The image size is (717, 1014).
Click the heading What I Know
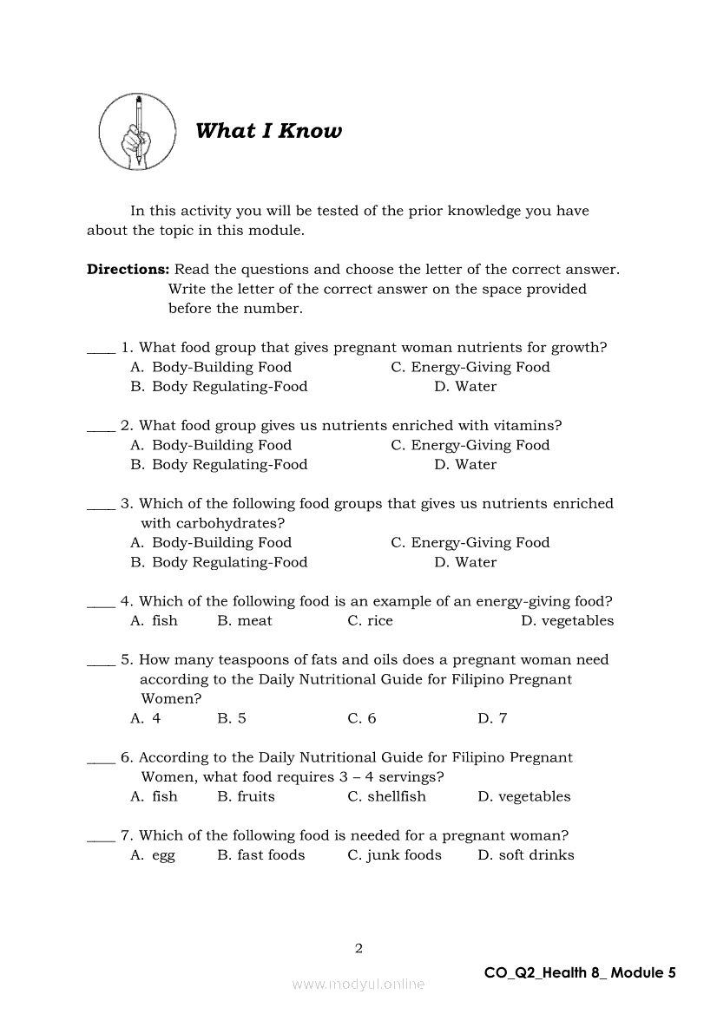tap(268, 131)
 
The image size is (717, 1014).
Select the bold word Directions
tap(128, 270)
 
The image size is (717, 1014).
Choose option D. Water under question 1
tap(465, 387)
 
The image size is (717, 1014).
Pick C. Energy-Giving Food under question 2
tap(470, 445)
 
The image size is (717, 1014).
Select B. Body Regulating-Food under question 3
tap(219, 562)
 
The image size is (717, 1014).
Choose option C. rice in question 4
tap(370, 621)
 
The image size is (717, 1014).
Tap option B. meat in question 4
tap(244, 621)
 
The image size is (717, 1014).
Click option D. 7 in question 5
tap(492, 718)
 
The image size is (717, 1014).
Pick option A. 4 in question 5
tap(145, 718)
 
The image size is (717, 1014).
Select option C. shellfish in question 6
tap(386, 796)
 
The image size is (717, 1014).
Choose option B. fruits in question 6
tap(246, 796)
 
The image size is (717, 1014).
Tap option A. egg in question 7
tap(152, 855)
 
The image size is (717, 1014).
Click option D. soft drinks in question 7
tap(525, 855)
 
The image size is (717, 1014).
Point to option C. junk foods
tap(394, 855)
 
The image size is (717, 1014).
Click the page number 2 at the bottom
tap(358, 948)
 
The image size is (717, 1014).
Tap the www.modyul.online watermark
tap(358, 984)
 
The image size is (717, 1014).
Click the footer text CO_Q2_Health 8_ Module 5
tap(579, 972)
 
